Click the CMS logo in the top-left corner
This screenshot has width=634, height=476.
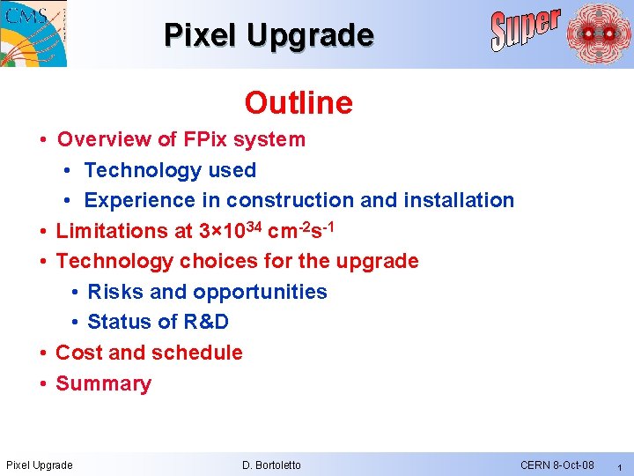pyautogui.click(x=33, y=33)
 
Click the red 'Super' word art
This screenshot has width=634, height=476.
pyautogui.click(x=526, y=30)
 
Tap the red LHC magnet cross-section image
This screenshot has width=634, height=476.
pyautogui.click(x=599, y=33)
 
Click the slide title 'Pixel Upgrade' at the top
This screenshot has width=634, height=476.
pyautogui.click(x=269, y=35)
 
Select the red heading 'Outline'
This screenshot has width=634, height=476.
pyautogui.click(x=299, y=103)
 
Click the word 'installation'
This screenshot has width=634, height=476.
pyautogui.click(x=458, y=200)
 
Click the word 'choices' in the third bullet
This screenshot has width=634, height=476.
pyautogui.click(x=215, y=261)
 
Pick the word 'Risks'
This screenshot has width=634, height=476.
pyautogui.click(x=115, y=292)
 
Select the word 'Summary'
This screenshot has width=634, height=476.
pyautogui.click(x=103, y=383)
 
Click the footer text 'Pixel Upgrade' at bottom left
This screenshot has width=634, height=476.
pyautogui.click(x=39, y=465)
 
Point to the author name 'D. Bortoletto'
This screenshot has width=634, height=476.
pyautogui.click(x=271, y=465)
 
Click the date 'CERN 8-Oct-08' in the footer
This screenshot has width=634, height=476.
pyautogui.click(x=557, y=465)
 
